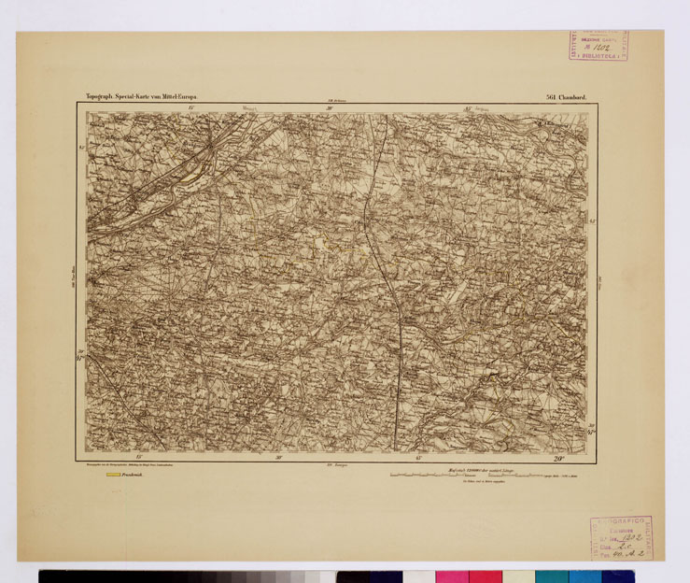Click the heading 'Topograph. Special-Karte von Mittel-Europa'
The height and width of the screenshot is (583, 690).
141,96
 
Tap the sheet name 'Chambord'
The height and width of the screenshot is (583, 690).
571,96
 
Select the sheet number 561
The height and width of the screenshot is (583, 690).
549,96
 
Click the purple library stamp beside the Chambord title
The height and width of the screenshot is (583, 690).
598,46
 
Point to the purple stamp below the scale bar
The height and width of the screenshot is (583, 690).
621,537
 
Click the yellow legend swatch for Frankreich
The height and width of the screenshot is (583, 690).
114,475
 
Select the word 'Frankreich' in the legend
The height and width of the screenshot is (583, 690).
137,475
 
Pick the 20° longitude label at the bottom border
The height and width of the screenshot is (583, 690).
558,458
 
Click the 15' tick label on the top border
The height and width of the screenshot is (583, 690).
190,109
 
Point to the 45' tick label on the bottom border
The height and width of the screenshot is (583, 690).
419,458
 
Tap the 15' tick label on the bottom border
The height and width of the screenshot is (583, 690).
139,458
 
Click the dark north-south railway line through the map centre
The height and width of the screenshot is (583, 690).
387,280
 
